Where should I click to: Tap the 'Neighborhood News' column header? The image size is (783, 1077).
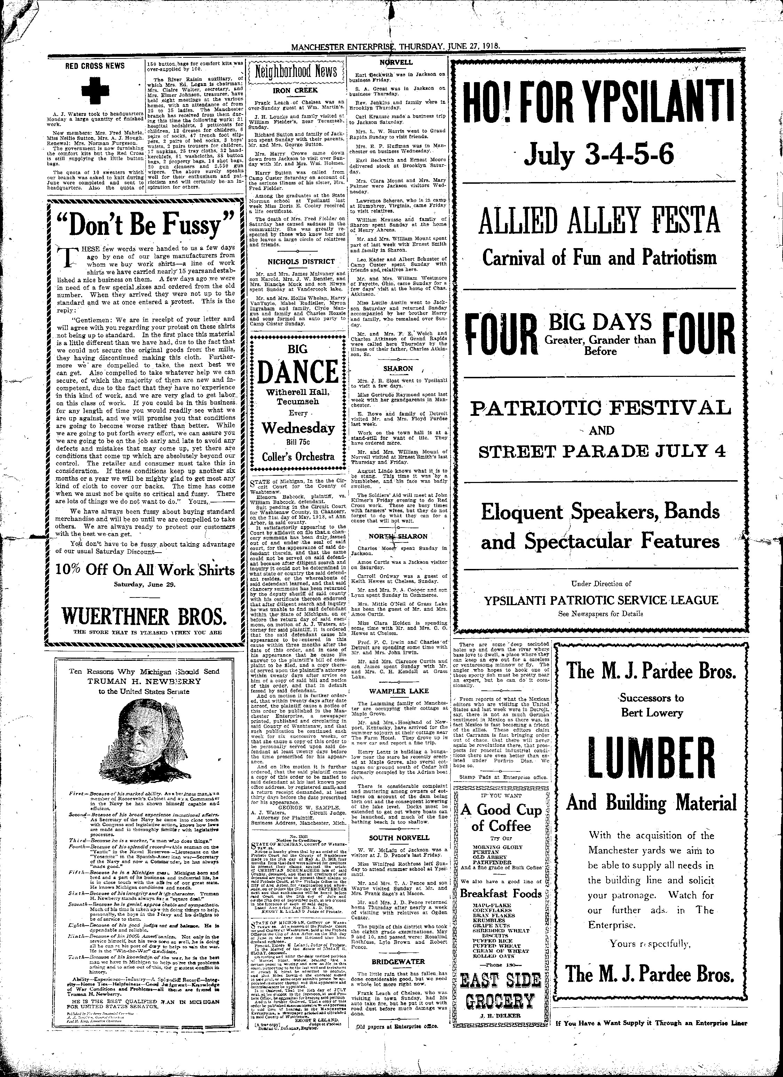296,72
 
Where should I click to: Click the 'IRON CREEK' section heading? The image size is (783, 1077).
295,90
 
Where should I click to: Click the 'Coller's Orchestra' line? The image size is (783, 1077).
298,456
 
